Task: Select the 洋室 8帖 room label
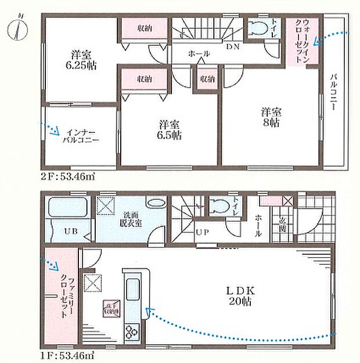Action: [270, 117]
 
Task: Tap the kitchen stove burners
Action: [131, 333]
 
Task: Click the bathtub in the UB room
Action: [67, 209]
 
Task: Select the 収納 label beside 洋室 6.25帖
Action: [145, 27]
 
